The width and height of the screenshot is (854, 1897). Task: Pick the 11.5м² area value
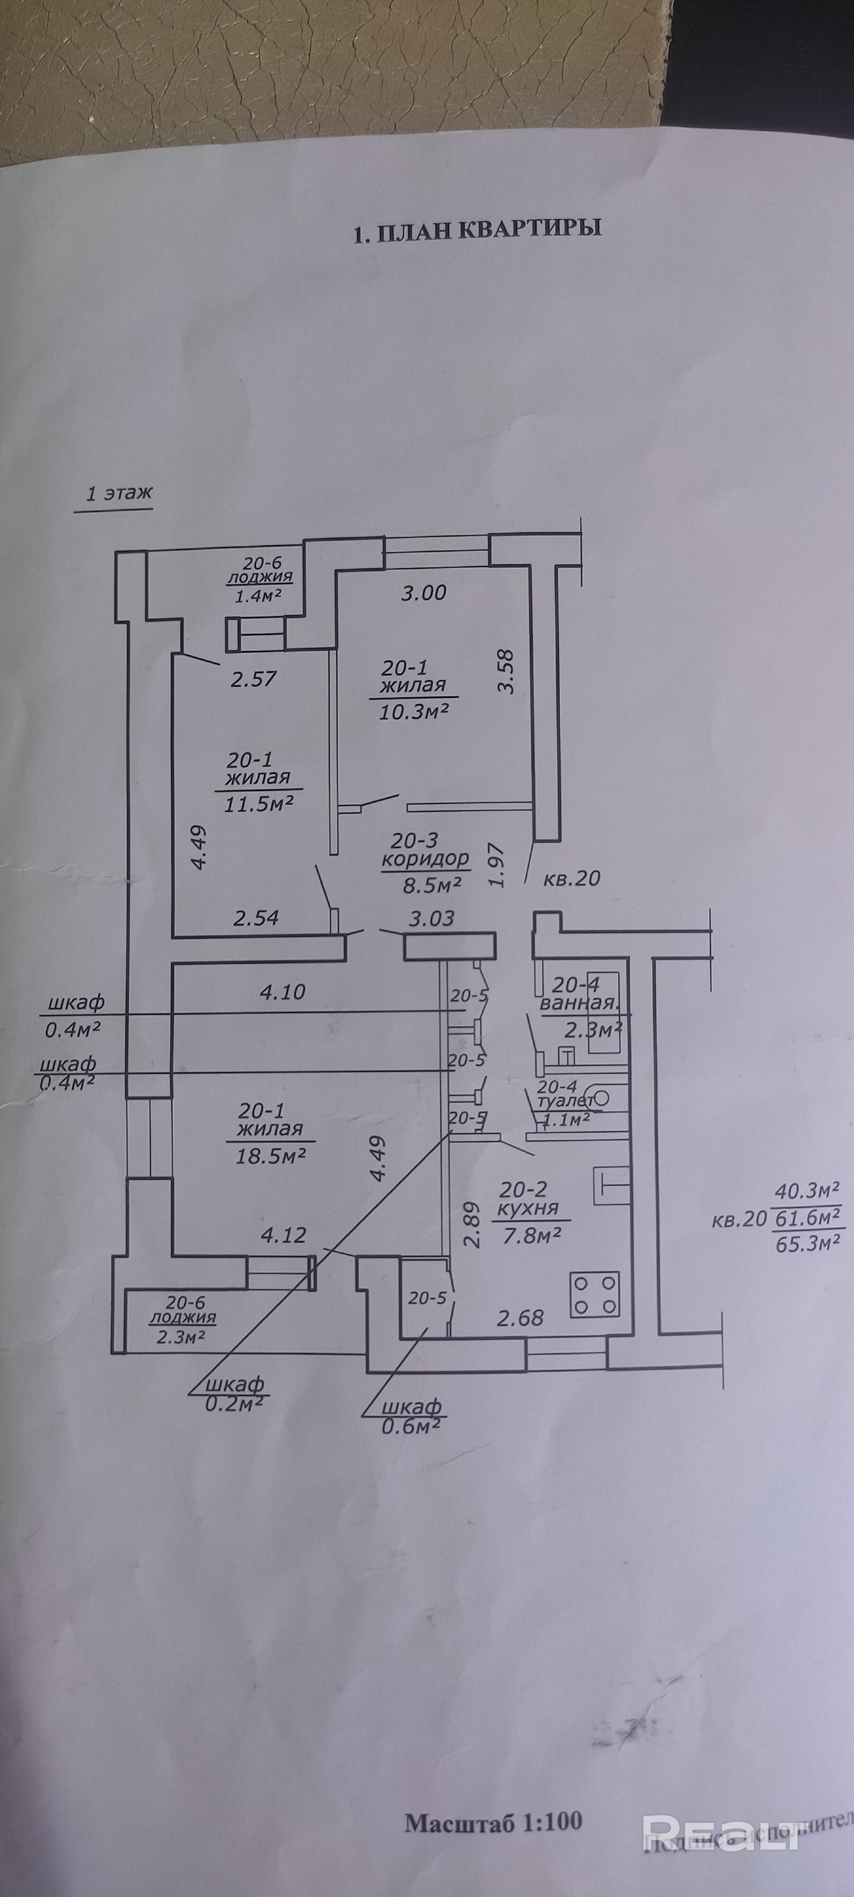click(x=261, y=802)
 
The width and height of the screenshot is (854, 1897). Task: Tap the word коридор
click(x=425, y=858)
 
